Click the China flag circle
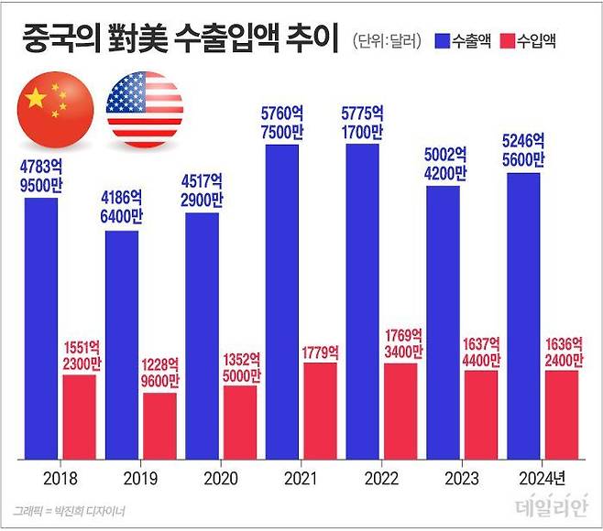[x=56, y=110]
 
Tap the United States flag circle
[x=144, y=110]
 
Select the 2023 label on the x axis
[x=459, y=477]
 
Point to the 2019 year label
[x=138, y=477]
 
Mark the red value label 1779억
[x=324, y=352]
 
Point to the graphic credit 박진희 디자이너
[x=70, y=509]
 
